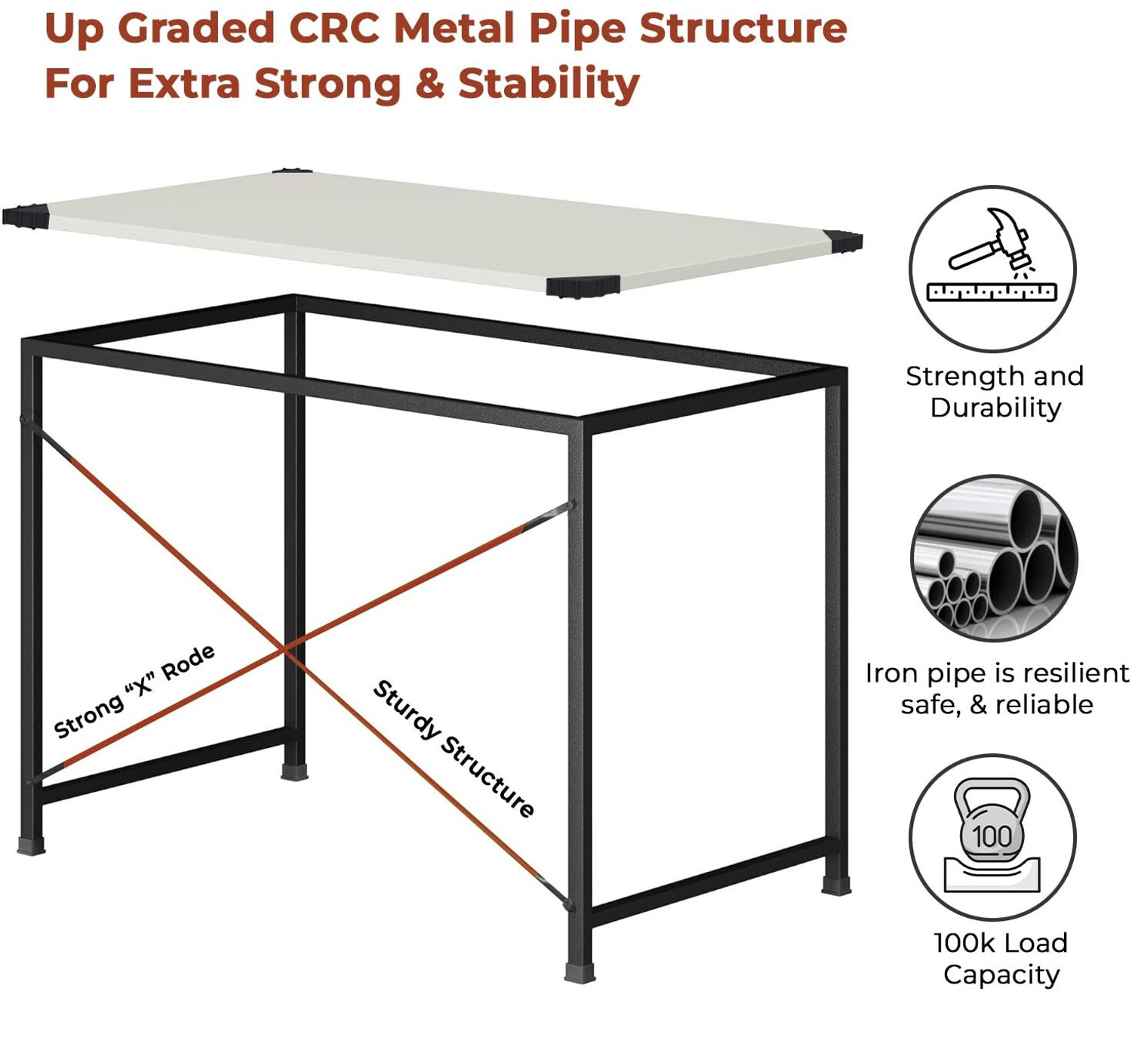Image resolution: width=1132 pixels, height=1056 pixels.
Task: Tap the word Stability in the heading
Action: click(549, 84)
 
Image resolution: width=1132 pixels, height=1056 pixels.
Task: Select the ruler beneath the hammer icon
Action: click(992, 292)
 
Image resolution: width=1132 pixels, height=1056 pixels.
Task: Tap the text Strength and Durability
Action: click(995, 393)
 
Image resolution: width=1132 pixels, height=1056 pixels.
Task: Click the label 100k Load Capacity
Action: click(1001, 959)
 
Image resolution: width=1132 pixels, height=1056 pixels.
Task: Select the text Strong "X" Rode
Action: click(134, 691)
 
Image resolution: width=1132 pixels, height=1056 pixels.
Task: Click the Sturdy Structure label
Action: click(454, 750)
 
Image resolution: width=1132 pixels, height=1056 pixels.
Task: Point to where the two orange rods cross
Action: click(285, 648)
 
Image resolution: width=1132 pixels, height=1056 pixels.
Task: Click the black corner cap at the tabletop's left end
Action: click(26, 217)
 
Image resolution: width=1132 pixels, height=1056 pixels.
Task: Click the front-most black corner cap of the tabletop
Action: click(583, 287)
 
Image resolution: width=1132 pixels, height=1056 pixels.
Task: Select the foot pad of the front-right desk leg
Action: click(580, 972)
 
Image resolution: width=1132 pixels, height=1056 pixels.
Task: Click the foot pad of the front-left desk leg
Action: click(31, 845)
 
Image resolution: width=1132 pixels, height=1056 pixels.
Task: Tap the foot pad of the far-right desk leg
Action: click(836, 885)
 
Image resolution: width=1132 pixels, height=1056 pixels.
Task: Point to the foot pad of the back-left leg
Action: click(294, 771)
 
